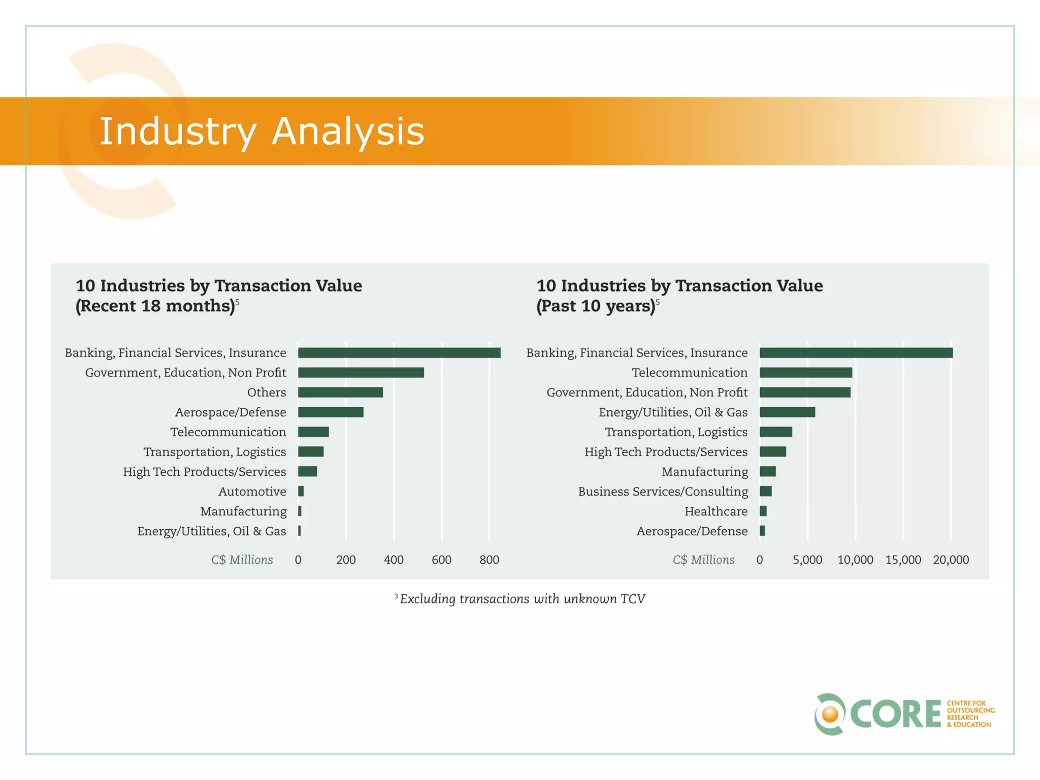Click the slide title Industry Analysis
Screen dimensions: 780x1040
point(262,131)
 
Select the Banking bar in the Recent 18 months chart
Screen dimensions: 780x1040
point(399,352)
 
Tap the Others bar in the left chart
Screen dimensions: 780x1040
point(340,392)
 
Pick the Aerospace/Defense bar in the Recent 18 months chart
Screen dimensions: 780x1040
point(331,412)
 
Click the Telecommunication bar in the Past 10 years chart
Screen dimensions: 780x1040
point(806,372)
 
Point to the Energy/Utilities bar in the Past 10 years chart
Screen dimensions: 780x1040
point(787,412)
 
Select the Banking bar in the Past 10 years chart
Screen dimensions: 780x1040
point(856,352)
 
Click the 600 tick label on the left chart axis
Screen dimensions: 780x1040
point(441,560)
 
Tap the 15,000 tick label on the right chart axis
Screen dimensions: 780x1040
point(903,560)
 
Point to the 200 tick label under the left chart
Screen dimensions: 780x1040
point(346,560)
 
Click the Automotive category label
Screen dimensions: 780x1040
point(252,492)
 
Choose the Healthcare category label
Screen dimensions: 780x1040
point(716,511)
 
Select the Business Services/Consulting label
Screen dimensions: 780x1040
point(663,492)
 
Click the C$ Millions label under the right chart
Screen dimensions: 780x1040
point(703,560)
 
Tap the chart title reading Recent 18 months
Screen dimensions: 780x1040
point(218,296)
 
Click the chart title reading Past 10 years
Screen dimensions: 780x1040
point(679,296)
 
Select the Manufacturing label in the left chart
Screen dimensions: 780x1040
point(243,511)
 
